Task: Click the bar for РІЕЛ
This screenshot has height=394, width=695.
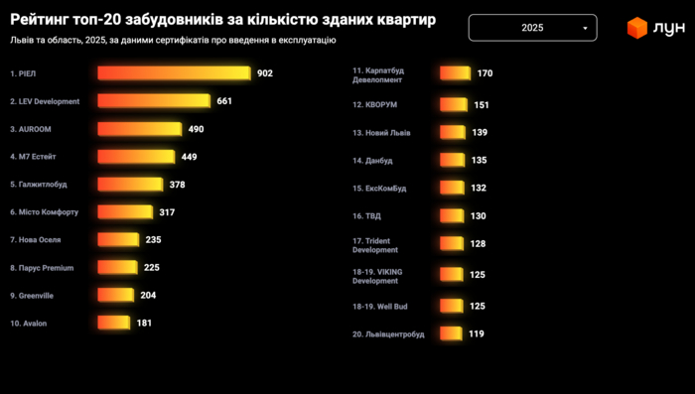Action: pyautogui.click(x=174, y=73)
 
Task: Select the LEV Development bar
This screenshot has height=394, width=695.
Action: pyautogui.click(x=154, y=101)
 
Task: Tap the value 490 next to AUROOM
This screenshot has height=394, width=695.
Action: pyautogui.click(x=196, y=129)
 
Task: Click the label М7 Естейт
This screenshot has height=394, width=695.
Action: pyautogui.click(x=35, y=157)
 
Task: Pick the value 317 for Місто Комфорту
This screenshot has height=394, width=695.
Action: pyautogui.click(x=167, y=212)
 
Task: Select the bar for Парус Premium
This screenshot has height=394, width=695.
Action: pyautogui.click(x=116, y=267)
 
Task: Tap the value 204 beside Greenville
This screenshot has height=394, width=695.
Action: pyautogui.click(x=147, y=295)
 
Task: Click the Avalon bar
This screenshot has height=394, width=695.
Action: pyautogui.click(x=113, y=323)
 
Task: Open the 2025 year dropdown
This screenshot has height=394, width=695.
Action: pyautogui.click(x=532, y=28)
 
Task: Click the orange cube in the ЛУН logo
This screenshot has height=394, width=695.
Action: pyautogui.click(x=636, y=29)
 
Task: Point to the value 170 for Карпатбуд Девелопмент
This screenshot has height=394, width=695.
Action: pyautogui.click(x=485, y=73)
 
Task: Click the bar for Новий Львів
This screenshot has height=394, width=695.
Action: pyautogui.click(x=453, y=132)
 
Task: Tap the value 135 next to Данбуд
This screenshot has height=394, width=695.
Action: pyautogui.click(x=479, y=160)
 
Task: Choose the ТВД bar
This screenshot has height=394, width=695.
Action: pyautogui.click(x=452, y=215)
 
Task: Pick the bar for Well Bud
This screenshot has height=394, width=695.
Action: pyautogui.click(x=452, y=307)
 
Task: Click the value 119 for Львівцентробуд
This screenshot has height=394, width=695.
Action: pyautogui.click(x=477, y=334)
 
